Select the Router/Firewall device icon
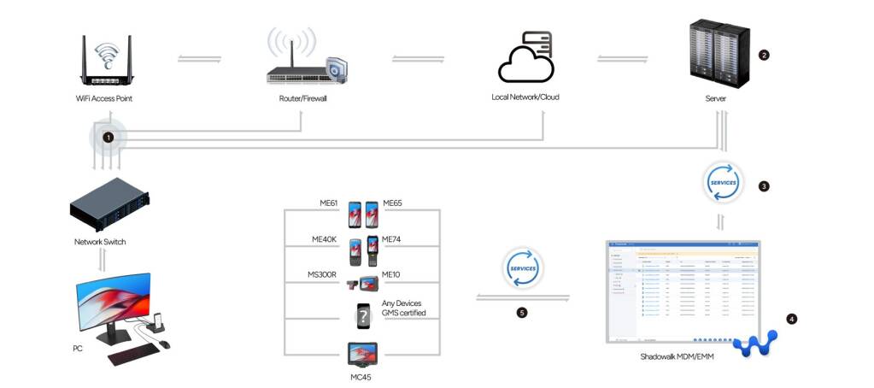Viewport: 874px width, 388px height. [305, 64]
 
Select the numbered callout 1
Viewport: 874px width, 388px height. [108, 136]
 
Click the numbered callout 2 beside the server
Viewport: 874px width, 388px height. [764, 56]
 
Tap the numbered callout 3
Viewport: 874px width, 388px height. [764, 185]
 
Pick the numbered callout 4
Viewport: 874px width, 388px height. [792, 319]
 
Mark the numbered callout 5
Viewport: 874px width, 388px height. [522, 313]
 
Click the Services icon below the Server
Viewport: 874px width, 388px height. [721, 183]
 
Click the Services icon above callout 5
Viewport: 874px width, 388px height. [522, 268]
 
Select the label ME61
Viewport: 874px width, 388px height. [328, 203]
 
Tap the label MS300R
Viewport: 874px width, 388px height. [323, 273]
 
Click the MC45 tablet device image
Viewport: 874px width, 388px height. [362, 353]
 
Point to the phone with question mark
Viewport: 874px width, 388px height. [363, 316]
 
